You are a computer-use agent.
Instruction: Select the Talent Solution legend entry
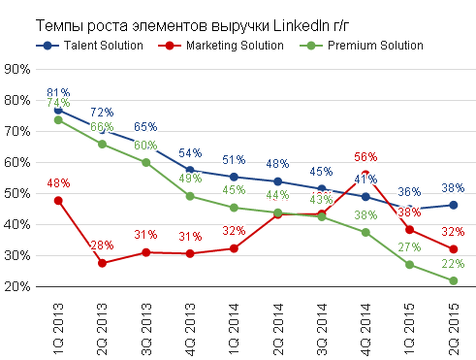tap(89, 46)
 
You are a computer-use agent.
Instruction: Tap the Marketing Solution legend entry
tap(221, 46)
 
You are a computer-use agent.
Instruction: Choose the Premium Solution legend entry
tap(362, 46)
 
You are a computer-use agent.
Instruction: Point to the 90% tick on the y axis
tap(17, 69)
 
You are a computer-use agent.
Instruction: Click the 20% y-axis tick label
tap(17, 286)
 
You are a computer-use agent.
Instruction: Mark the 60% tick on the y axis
tap(17, 162)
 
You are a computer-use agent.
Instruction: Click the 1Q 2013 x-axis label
tap(58, 329)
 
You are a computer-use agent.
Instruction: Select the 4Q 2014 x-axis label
tap(365, 329)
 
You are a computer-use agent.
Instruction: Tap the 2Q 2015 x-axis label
tap(454, 329)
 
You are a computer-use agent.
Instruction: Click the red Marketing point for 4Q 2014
tap(365, 175)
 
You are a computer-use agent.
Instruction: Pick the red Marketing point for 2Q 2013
tap(102, 263)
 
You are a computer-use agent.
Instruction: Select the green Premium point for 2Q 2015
tap(454, 280)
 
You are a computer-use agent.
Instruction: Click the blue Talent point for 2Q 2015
tap(454, 205)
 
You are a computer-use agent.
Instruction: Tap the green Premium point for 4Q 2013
tap(190, 196)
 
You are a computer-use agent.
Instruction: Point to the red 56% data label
tap(365, 157)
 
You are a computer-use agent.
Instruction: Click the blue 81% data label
tap(58, 92)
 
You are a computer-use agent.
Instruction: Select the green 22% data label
tap(453, 264)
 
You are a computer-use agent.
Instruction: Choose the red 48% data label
tap(58, 183)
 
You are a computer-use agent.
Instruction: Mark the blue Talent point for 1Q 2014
tap(234, 177)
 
